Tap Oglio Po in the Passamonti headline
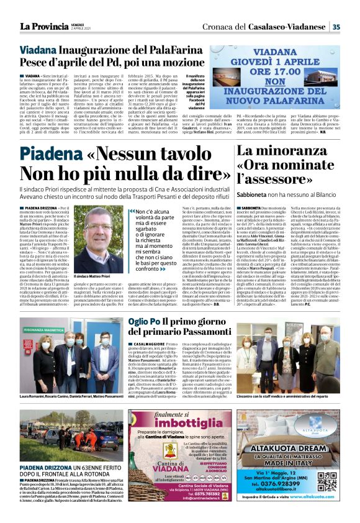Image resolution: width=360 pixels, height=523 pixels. coord(143,322)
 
